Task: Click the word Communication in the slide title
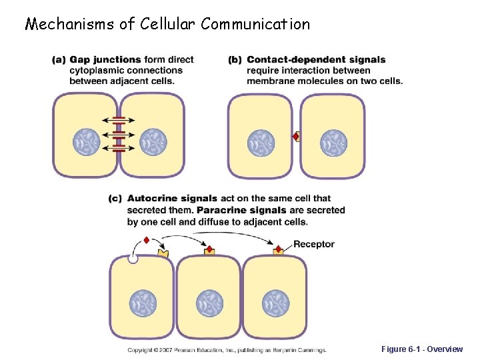coord(255,25)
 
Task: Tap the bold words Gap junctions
coord(105,60)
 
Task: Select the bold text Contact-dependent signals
coord(316,60)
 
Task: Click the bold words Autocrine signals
coord(172,199)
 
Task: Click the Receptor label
coord(313,244)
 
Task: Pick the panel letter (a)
coord(59,60)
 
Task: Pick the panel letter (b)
coord(235,60)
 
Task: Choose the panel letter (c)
coord(115,199)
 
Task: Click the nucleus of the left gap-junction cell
coord(86,142)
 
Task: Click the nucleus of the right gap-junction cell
coord(153,142)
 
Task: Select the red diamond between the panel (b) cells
coord(295,137)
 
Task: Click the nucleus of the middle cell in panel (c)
coord(209,303)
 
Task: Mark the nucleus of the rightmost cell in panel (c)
coord(275,303)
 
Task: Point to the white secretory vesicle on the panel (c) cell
coord(133,258)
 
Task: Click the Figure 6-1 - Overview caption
coord(421,349)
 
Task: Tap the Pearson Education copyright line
coord(227,349)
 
